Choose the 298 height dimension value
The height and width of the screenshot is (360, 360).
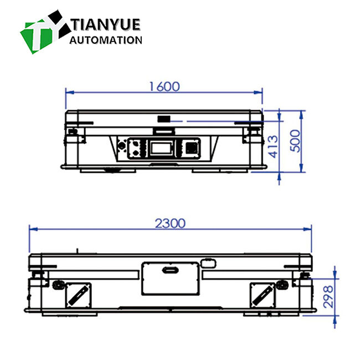[328, 297]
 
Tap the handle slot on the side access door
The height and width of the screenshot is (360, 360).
[169, 270]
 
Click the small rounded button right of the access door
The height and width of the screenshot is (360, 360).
[208, 261]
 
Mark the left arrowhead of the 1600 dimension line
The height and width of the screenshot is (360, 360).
[68, 92]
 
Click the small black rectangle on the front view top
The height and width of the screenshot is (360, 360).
[164, 117]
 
